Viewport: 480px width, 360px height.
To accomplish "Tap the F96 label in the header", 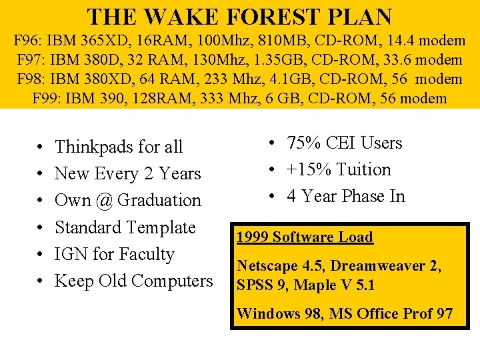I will pos(27,41).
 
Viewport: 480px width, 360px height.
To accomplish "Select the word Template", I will pos(159,227).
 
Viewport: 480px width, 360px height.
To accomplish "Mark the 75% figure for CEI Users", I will pos(304,143).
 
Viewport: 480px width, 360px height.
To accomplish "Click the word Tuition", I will pos(363,170).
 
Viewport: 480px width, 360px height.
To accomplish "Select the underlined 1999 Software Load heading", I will pos(305,237).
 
